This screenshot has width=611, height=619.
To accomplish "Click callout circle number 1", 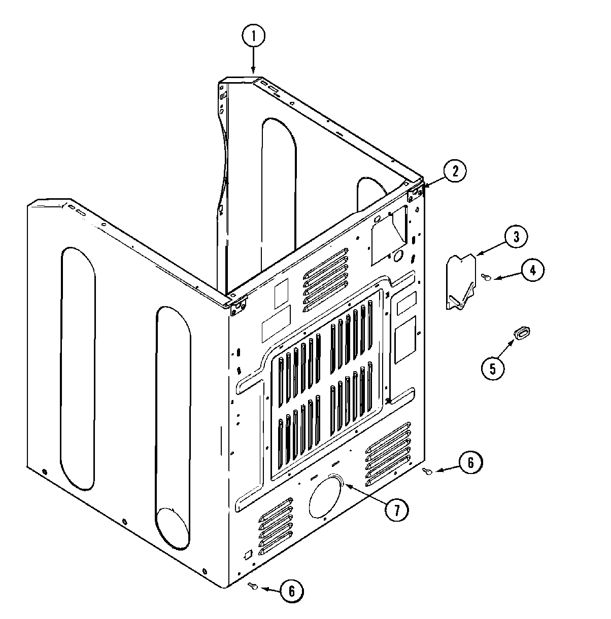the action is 254,37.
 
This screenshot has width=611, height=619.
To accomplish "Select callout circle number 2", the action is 455,171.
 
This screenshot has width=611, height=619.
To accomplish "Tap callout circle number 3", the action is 515,236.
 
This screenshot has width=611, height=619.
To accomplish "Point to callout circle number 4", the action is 531,271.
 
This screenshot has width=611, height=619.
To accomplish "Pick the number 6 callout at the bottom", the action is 292,591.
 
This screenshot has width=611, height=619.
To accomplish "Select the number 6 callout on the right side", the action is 469,462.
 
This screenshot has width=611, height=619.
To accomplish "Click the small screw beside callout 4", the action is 486,276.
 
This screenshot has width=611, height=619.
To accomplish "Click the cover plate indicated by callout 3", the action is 461,281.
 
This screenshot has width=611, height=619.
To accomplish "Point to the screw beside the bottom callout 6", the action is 253,587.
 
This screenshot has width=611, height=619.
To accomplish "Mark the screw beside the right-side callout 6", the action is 427,471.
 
